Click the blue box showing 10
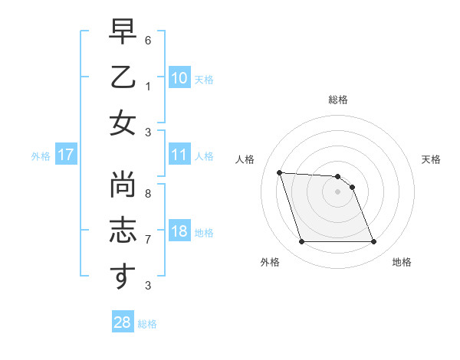(x=179, y=78)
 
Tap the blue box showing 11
(x=179, y=155)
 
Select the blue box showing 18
(x=179, y=232)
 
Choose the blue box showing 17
(x=65, y=155)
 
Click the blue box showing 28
(x=122, y=322)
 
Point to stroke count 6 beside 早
(x=147, y=39)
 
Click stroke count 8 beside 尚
(x=147, y=194)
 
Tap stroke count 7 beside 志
(x=147, y=239)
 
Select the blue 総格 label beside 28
(x=147, y=324)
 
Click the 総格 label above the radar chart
(x=337, y=100)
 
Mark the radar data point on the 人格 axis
(x=279, y=172)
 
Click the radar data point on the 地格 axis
(x=373, y=242)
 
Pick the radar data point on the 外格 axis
(x=301, y=242)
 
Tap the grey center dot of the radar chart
(x=337, y=191)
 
